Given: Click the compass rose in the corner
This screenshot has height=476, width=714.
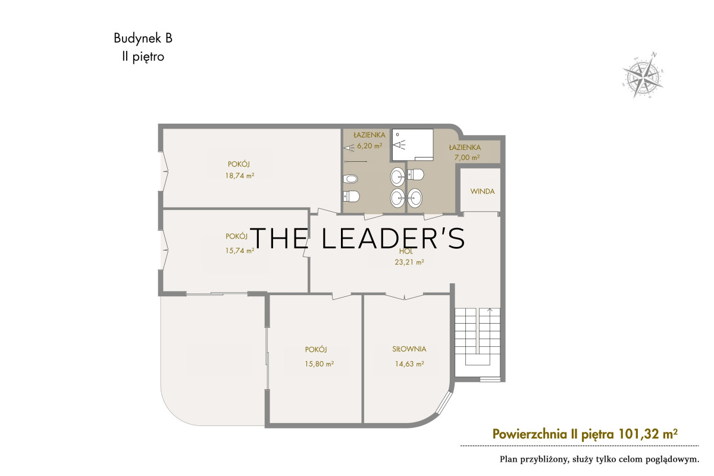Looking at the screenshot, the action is (x=643, y=75).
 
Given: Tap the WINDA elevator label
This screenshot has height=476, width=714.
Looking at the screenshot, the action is (x=483, y=192).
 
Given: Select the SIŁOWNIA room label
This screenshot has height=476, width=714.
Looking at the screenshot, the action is (x=409, y=349).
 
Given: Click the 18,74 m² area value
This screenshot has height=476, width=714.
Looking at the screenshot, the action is (x=240, y=176).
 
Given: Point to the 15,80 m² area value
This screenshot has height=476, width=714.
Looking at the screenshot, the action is (x=319, y=364).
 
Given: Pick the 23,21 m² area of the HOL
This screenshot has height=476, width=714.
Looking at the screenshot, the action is (x=409, y=262).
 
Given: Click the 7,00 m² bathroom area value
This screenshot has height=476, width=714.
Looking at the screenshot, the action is (x=467, y=158).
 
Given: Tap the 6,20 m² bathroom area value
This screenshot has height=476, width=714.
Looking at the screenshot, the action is (x=369, y=146).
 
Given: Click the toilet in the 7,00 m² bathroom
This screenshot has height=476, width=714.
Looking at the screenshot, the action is (x=416, y=174).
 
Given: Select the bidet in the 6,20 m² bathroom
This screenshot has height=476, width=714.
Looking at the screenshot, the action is (x=350, y=179).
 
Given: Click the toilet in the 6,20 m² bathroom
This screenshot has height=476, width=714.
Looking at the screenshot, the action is (x=351, y=196).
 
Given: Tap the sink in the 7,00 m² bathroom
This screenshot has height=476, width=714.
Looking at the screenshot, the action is (x=415, y=198).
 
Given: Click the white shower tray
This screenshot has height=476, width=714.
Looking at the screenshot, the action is (x=412, y=145).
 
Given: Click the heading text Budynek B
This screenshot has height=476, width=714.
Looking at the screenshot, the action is (x=143, y=38).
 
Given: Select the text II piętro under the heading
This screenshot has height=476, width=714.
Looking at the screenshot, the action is (x=143, y=57).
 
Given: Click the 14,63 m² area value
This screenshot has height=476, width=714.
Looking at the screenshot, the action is (x=409, y=364).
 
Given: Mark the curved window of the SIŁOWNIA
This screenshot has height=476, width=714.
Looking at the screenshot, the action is (x=444, y=403).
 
